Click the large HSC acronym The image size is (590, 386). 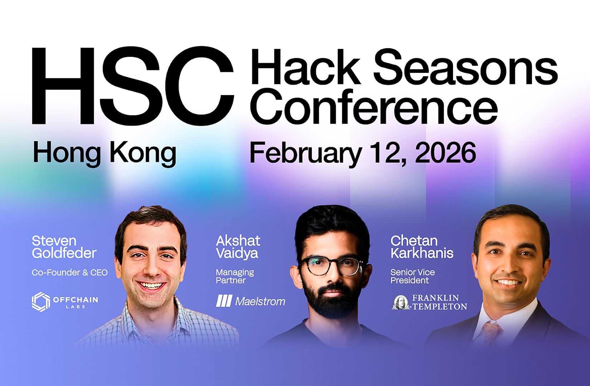tap(132, 86)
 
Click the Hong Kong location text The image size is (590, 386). tap(104, 153)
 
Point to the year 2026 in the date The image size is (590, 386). tap(445, 153)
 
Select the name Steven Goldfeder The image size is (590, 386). tap(64, 247)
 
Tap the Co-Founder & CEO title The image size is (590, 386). tap(70, 273)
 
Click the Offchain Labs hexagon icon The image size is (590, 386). tap(41, 302)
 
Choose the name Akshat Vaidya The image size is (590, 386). tap(238, 247)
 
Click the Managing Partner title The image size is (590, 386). tap(235, 276)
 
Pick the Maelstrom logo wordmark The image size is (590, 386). tap(260, 302)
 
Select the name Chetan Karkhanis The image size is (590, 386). tap(422, 247)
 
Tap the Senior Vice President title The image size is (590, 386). tap(413, 276)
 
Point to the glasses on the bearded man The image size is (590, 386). tap(331, 266)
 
